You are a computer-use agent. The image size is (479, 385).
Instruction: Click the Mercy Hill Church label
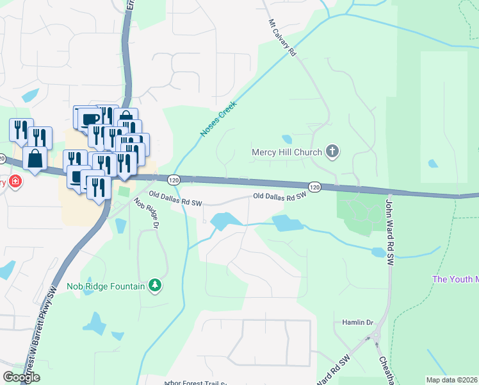pos(286,153)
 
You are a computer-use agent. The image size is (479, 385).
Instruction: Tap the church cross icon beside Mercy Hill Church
pos(332,152)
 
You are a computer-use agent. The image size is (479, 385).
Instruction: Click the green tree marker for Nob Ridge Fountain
pos(154,285)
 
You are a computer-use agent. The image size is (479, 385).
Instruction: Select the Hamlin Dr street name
pos(357,322)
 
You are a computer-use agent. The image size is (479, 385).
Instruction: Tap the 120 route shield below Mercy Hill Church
pos(314,186)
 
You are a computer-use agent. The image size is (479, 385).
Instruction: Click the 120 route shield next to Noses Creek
pos(173,179)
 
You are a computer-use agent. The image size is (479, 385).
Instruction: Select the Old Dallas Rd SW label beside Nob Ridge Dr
pos(175,198)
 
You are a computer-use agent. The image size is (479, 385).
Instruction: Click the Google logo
pos(21,377)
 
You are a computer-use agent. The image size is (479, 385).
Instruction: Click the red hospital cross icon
pos(15,182)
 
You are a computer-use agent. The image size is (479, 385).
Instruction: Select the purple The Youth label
pos(455,279)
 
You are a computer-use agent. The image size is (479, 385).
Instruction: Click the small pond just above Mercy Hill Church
pos(287,139)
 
